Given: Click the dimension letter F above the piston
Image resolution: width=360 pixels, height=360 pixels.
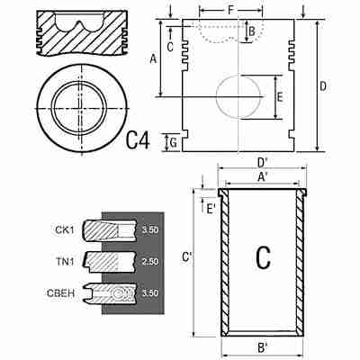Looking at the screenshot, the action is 230,11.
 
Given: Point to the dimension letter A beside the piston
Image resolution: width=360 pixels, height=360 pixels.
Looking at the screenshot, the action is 153,58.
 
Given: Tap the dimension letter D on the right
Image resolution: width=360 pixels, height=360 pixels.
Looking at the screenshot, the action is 323,86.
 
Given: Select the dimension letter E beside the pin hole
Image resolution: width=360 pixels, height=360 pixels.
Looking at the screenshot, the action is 280,97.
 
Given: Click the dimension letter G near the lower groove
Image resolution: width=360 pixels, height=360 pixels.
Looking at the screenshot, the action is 173,143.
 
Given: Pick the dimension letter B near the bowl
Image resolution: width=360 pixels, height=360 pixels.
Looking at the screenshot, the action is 252,31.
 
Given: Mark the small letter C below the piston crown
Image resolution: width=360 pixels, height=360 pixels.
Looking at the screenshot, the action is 170,47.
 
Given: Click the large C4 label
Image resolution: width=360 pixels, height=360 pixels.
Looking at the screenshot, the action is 138,140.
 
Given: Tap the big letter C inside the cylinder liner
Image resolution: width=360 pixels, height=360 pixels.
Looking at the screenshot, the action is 263,257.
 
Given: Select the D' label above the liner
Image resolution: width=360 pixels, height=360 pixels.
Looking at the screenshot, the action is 263,162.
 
